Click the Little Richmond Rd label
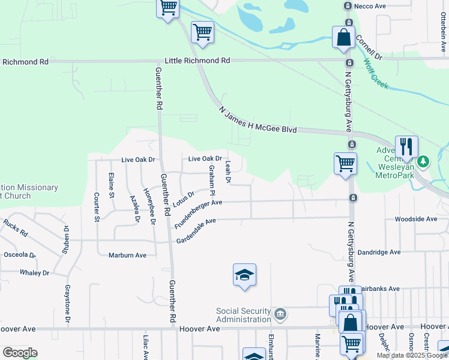point(197,61)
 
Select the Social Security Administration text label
point(244,315)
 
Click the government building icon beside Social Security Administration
point(279,314)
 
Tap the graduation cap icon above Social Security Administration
point(244,275)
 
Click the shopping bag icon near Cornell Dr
point(344,37)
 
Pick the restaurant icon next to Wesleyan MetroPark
point(407,146)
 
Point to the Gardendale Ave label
point(196,230)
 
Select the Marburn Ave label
point(127,255)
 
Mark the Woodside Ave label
point(415,219)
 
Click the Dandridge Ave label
point(379,253)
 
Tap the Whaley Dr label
point(34,273)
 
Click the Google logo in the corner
point(20,352)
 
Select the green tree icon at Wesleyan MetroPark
point(424,161)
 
